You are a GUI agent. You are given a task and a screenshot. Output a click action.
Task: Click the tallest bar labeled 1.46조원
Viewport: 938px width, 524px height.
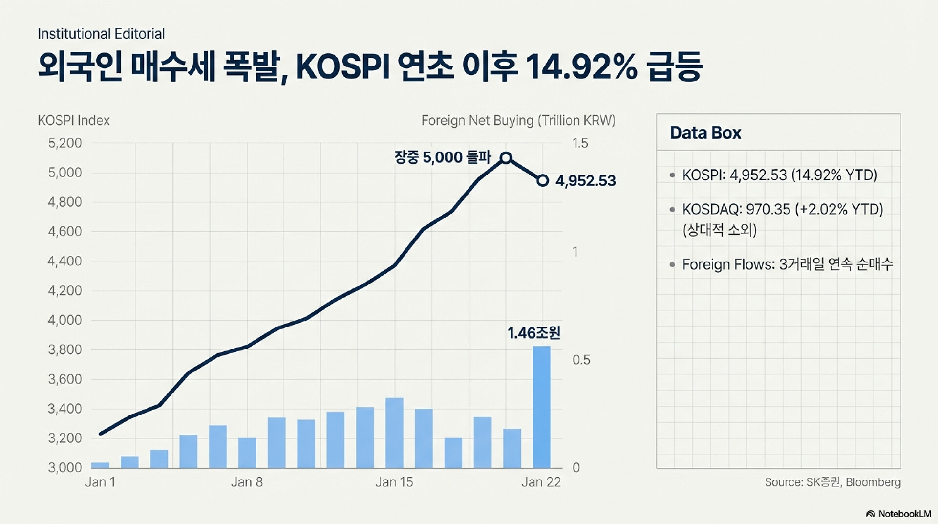pos(541,407)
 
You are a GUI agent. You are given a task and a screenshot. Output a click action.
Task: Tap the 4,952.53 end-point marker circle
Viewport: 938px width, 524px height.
pos(543,181)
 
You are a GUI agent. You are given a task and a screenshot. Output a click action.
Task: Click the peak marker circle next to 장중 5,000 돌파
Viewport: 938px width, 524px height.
pos(506,157)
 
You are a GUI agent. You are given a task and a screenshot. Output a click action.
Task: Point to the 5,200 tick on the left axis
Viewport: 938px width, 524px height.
pos(64,143)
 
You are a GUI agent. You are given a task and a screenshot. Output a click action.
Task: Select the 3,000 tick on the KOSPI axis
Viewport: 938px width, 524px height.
pos(64,468)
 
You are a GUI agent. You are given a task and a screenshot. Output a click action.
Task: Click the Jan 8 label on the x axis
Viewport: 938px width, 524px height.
pos(247,482)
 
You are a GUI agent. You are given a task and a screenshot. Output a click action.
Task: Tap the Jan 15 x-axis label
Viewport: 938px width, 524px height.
pos(394,482)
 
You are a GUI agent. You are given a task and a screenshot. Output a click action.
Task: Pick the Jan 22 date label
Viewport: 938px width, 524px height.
pos(541,482)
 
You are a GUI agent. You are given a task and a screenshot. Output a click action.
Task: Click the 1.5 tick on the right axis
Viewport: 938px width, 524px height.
pos(580,143)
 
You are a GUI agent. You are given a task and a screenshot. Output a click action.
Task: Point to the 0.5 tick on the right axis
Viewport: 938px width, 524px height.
pos(581,360)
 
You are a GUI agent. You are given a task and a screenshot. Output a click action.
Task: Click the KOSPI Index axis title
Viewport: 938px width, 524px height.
pos(74,120)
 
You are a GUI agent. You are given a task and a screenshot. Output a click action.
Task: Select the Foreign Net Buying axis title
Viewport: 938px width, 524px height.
pos(518,120)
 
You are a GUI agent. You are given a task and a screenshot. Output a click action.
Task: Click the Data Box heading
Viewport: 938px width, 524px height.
pos(705,133)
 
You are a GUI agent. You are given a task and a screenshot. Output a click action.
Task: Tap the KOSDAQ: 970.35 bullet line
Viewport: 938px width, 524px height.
pos(782,209)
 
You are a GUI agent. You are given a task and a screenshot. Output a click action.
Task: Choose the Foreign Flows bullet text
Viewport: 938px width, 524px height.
pos(787,264)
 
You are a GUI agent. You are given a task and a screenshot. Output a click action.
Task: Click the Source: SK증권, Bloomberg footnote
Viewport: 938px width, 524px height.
pos(832,482)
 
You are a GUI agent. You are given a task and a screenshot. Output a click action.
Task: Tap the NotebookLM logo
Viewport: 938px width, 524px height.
pos(898,514)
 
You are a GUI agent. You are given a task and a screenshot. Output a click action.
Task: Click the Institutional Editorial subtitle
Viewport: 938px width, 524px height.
pos(101,34)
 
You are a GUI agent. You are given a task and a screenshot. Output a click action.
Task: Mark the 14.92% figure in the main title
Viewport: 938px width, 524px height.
pos(581,67)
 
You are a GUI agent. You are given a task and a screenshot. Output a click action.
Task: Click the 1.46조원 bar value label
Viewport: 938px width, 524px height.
pos(533,333)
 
